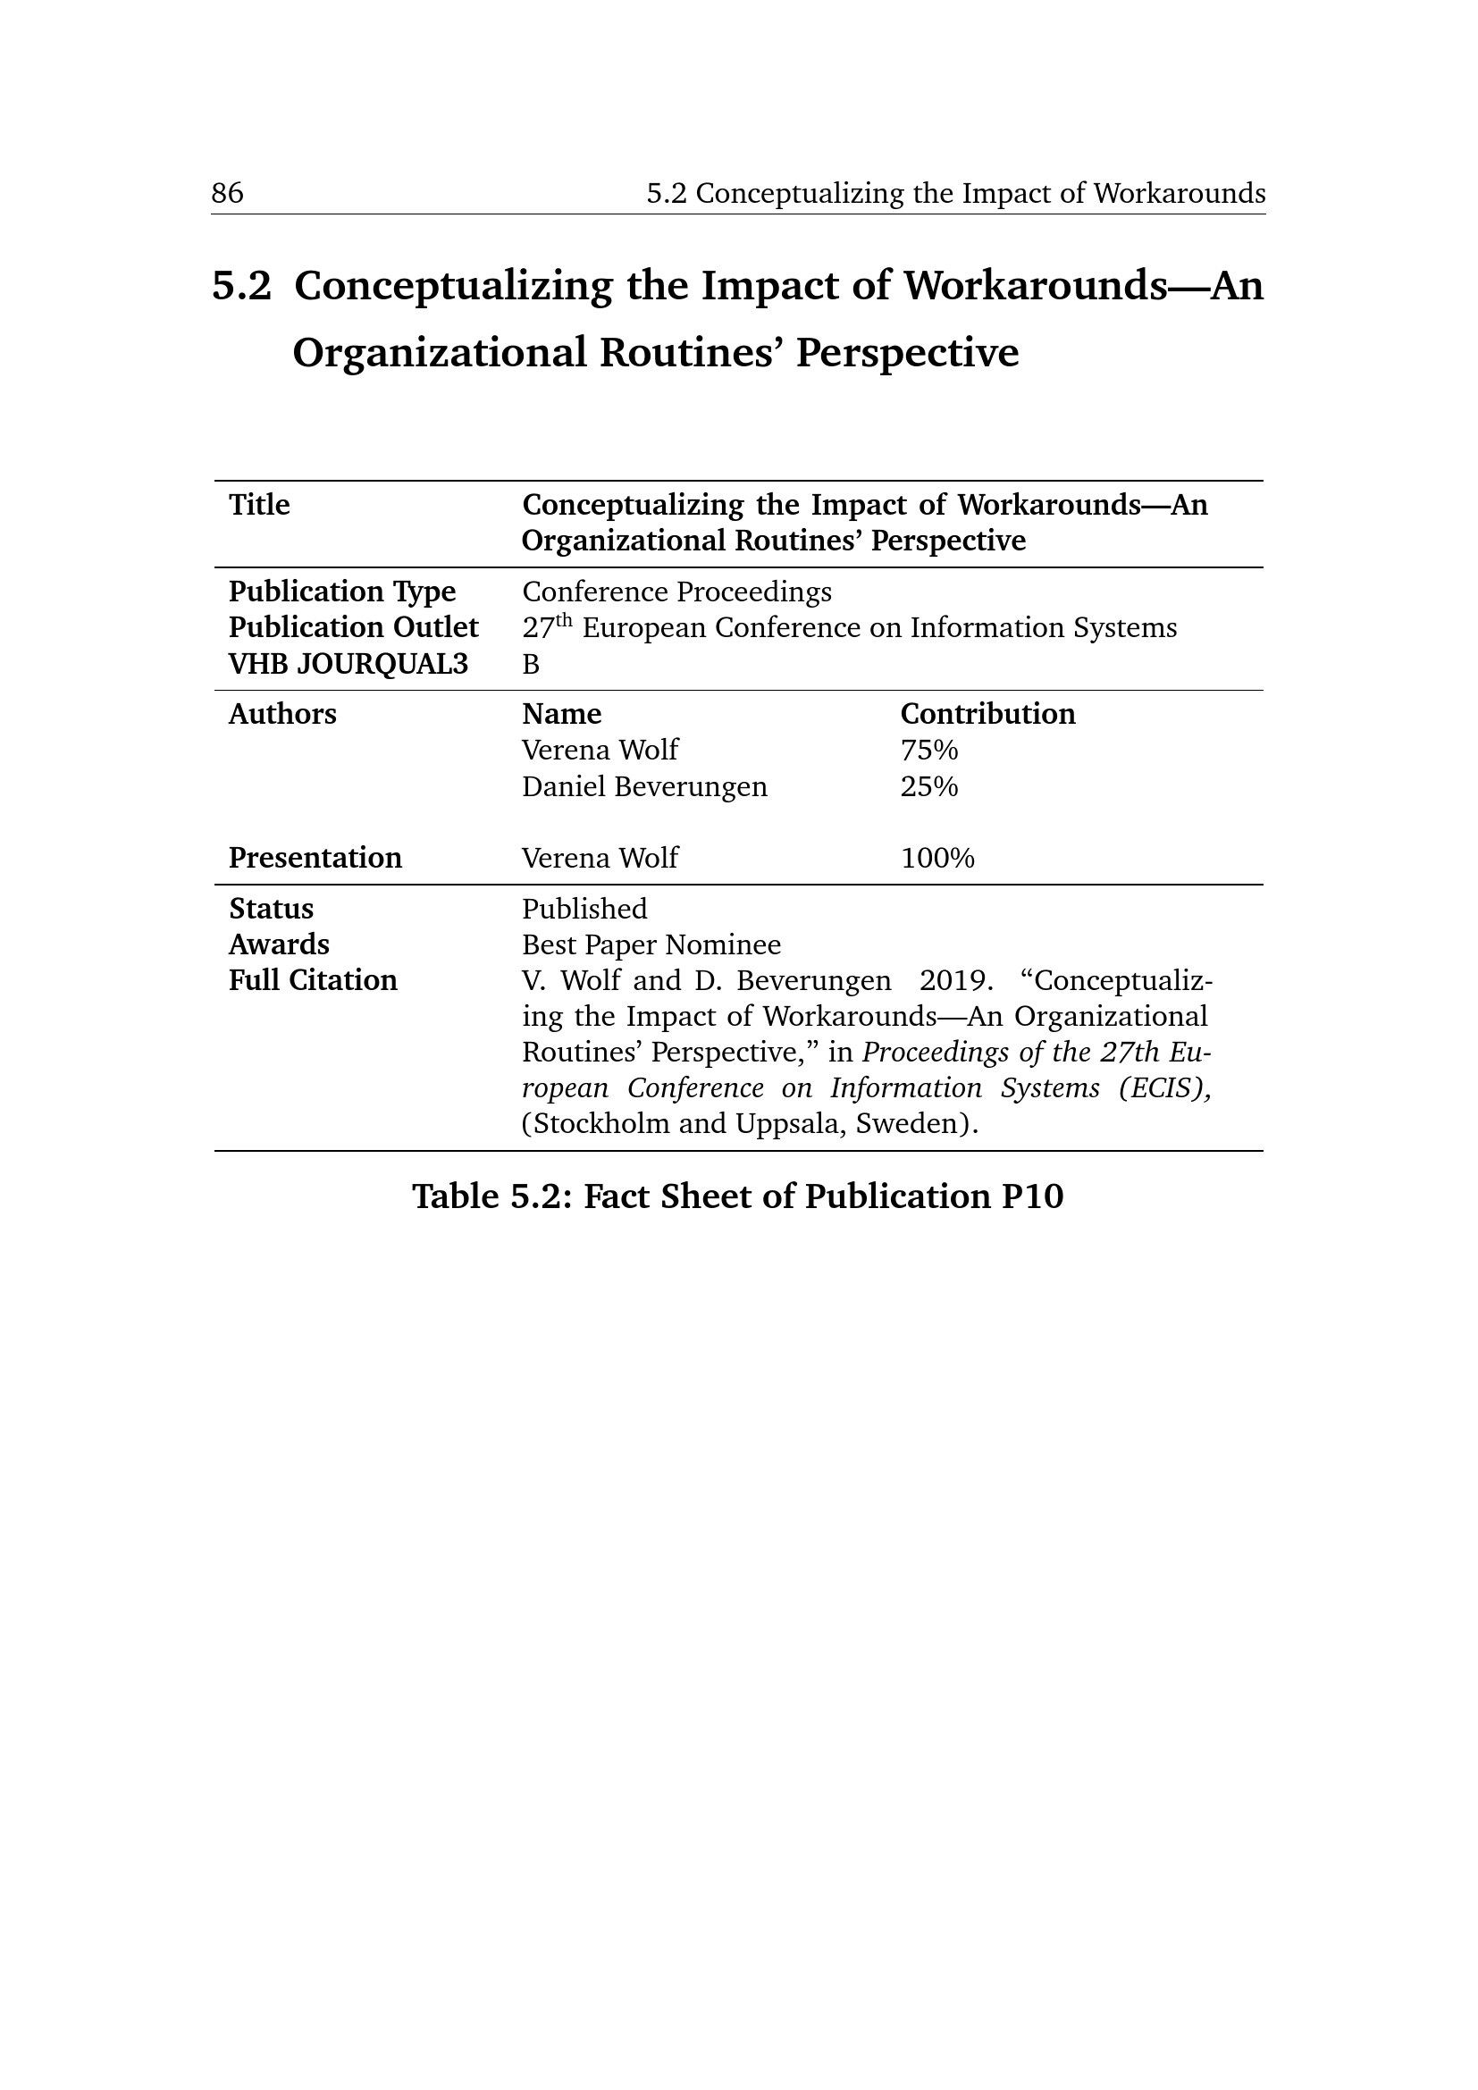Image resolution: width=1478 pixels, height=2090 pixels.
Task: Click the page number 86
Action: click(x=228, y=193)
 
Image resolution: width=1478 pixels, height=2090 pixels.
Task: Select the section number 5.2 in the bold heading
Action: click(x=241, y=286)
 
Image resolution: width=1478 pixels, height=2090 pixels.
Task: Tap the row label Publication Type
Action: click(x=341, y=592)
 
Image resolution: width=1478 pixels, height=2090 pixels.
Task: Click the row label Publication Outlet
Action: click(x=353, y=628)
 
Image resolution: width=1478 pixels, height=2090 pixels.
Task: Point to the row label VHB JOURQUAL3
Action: click(x=348, y=665)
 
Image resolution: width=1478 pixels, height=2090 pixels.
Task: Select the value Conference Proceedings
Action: click(x=676, y=592)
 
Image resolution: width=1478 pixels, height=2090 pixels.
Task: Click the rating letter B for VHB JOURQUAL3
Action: click(x=531, y=665)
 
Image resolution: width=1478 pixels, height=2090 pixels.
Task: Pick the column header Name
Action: click(x=561, y=714)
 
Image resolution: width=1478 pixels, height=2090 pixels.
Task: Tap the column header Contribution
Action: click(x=987, y=714)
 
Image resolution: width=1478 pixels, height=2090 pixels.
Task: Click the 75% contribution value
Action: click(x=929, y=750)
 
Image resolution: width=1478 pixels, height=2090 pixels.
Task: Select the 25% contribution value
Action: click(x=929, y=786)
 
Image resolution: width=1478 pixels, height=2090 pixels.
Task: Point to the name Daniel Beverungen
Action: click(x=644, y=786)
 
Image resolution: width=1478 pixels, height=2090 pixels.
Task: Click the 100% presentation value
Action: click(x=937, y=858)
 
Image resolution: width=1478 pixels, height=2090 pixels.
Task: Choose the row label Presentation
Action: click(x=315, y=858)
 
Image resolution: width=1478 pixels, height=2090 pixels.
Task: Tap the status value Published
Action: click(x=584, y=909)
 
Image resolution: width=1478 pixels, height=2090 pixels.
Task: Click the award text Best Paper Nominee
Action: click(x=651, y=944)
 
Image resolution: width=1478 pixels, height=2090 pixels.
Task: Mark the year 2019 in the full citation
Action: click(x=952, y=980)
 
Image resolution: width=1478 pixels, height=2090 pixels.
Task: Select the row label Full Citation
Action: click(x=312, y=980)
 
